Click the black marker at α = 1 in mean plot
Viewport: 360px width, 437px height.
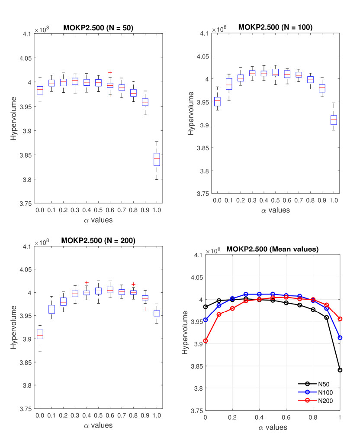(340, 370)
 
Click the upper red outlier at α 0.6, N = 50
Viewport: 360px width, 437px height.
(110, 73)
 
